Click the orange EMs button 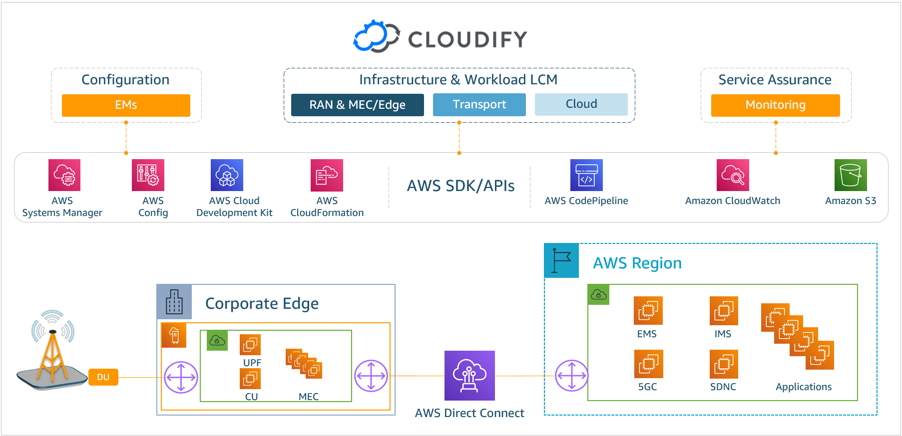click(x=126, y=105)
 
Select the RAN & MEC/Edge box click(x=358, y=105)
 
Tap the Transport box click(x=479, y=104)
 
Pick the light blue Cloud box click(x=581, y=104)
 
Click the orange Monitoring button click(x=776, y=105)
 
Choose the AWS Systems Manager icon click(x=64, y=175)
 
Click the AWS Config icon click(x=148, y=175)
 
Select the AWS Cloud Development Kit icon click(x=227, y=175)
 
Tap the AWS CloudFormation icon click(x=327, y=175)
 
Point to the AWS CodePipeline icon click(x=586, y=175)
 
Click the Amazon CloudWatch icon click(x=733, y=175)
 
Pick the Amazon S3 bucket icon click(x=851, y=175)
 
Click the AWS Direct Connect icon click(x=469, y=376)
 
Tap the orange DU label click(x=103, y=377)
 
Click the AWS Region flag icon click(x=561, y=260)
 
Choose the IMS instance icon click(x=724, y=311)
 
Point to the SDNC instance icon click(x=724, y=364)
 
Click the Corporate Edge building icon click(x=174, y=302)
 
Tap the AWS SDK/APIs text click(x=460, y=186)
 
